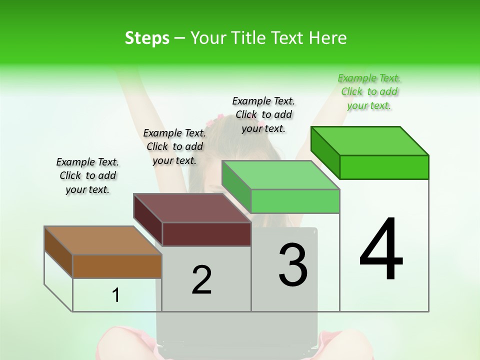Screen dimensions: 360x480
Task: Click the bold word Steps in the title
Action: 147,38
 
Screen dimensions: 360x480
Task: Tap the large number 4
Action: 381,250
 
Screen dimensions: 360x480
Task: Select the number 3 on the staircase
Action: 293,265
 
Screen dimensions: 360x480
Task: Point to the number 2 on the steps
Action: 201,280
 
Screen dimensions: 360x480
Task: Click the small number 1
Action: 116,295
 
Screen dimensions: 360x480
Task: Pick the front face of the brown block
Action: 117,266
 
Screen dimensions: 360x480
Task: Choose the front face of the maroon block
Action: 206,234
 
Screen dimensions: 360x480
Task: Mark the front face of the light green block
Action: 295,201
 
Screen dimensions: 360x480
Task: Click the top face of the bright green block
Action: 370,141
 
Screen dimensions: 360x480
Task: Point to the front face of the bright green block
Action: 384,167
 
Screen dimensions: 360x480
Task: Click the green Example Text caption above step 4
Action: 369,91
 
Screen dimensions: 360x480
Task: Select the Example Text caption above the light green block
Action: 263,114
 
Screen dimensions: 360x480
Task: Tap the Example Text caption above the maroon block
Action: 174,146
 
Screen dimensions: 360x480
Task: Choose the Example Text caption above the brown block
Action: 87,175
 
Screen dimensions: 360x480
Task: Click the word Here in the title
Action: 328,38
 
